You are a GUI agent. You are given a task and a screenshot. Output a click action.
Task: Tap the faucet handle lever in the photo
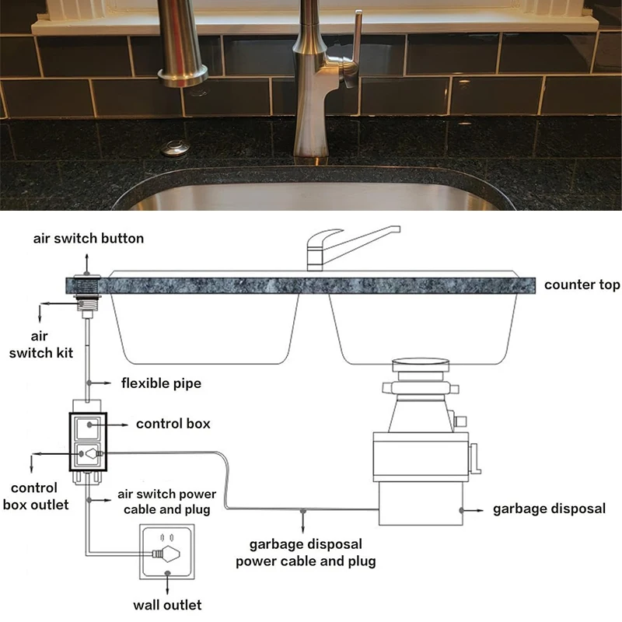pyautogui.click(x=354, y=50)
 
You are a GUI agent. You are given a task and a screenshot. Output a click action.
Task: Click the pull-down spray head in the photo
pyautogui.click(x=182, y=43)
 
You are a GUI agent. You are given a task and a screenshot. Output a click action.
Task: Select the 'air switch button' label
pyautogui.click(x=89, y=239)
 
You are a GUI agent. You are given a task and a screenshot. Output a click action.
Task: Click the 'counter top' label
pyautogui.click(x=582, y=285)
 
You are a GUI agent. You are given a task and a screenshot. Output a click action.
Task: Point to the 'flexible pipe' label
pyautogui.click(x=161, y=383)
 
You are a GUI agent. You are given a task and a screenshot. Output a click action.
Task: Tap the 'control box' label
pyautogui.click(x=173, y=424)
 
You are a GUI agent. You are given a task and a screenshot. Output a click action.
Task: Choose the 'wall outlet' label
pyautogui.click(x=167, y=605)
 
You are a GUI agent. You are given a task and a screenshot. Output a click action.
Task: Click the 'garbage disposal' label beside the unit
pyautogui.click(x=549, y=508)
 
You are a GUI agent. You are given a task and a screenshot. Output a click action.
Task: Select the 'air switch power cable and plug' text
pyautogui.click(x=167, y=501)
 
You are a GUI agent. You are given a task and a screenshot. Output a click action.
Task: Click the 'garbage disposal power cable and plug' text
pyautogui.click(x=306, y=552)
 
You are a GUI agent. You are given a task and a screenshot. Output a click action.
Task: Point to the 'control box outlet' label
pyautogui.click(x=36, y=496)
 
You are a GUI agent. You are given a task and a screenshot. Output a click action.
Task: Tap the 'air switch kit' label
pyautogui.click(x=41, y=344)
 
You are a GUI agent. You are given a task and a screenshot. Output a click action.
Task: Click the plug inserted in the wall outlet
pyautogui.click(x=166, y=554)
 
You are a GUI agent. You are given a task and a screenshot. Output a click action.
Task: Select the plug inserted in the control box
pyautogui.click(x=94, y=453)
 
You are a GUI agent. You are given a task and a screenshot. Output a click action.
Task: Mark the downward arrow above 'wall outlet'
pyautogui.click(x=167, y=582)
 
